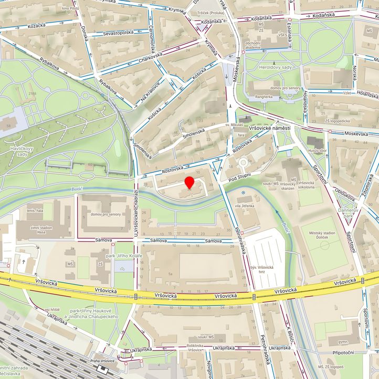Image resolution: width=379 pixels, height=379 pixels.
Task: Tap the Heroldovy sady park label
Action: coord(275,67)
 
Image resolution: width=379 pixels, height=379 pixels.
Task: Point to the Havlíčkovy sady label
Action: coord(14,152)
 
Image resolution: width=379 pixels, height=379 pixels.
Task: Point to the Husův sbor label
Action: coord(317,151)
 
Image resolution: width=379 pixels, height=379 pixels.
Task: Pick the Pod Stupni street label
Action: coord(240,177)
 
